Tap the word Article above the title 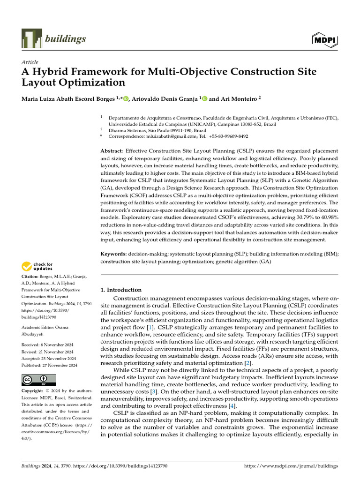(30, 62)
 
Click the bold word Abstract (112, 151)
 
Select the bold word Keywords (114, 254)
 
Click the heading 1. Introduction (121, 290)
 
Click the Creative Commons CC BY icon (38, 380)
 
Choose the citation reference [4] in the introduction (231, 405)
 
